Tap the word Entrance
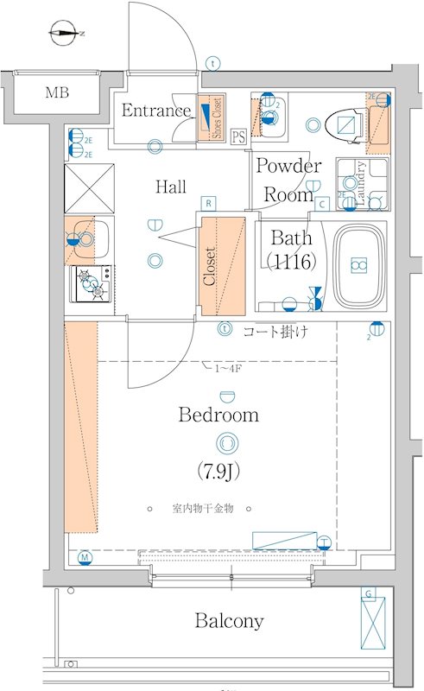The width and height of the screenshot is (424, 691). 156,111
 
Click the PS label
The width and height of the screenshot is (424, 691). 238,136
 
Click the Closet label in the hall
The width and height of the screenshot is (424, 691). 209,267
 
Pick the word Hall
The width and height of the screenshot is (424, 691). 171,186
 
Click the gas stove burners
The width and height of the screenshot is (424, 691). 92,284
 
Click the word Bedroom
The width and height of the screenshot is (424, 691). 218,415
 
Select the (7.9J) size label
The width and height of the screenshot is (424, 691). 218,472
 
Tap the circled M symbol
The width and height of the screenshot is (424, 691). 85,557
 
